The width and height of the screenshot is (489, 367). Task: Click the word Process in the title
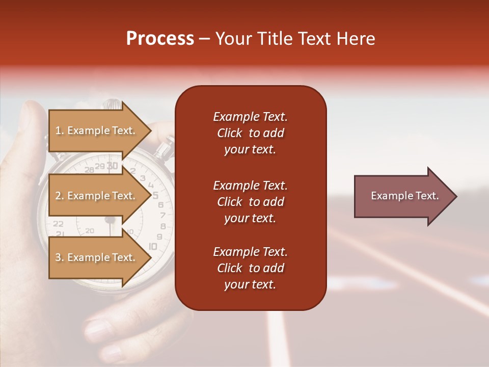160,39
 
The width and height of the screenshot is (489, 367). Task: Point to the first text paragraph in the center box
250,133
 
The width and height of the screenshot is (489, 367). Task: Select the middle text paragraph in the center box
250,201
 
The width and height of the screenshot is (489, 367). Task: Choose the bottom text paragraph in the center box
250,268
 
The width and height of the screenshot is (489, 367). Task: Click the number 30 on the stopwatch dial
113,166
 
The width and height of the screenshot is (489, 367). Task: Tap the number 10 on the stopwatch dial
153,246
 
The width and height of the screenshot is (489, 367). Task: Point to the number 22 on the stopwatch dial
59,223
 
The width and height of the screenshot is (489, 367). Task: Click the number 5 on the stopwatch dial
155,195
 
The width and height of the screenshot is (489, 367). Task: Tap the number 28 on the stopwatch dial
89,170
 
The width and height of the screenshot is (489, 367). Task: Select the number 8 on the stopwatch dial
163,226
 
